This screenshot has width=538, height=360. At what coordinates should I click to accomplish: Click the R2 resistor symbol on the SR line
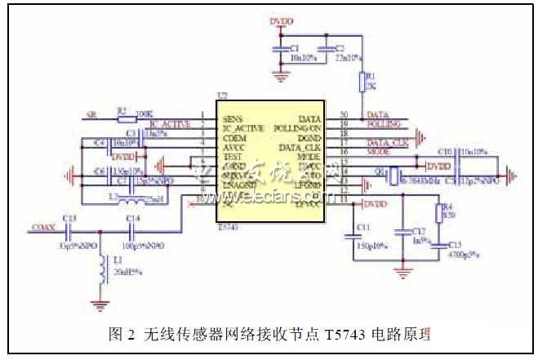(x=123, y=118)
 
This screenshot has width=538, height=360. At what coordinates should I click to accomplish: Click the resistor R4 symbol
(x=438, y=215)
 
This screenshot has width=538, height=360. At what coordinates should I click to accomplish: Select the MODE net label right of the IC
(x=377, y=153)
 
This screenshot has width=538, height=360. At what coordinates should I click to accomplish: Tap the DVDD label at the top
(x=280, y=19)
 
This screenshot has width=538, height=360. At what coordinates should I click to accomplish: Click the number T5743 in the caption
(x=342, y=335)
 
